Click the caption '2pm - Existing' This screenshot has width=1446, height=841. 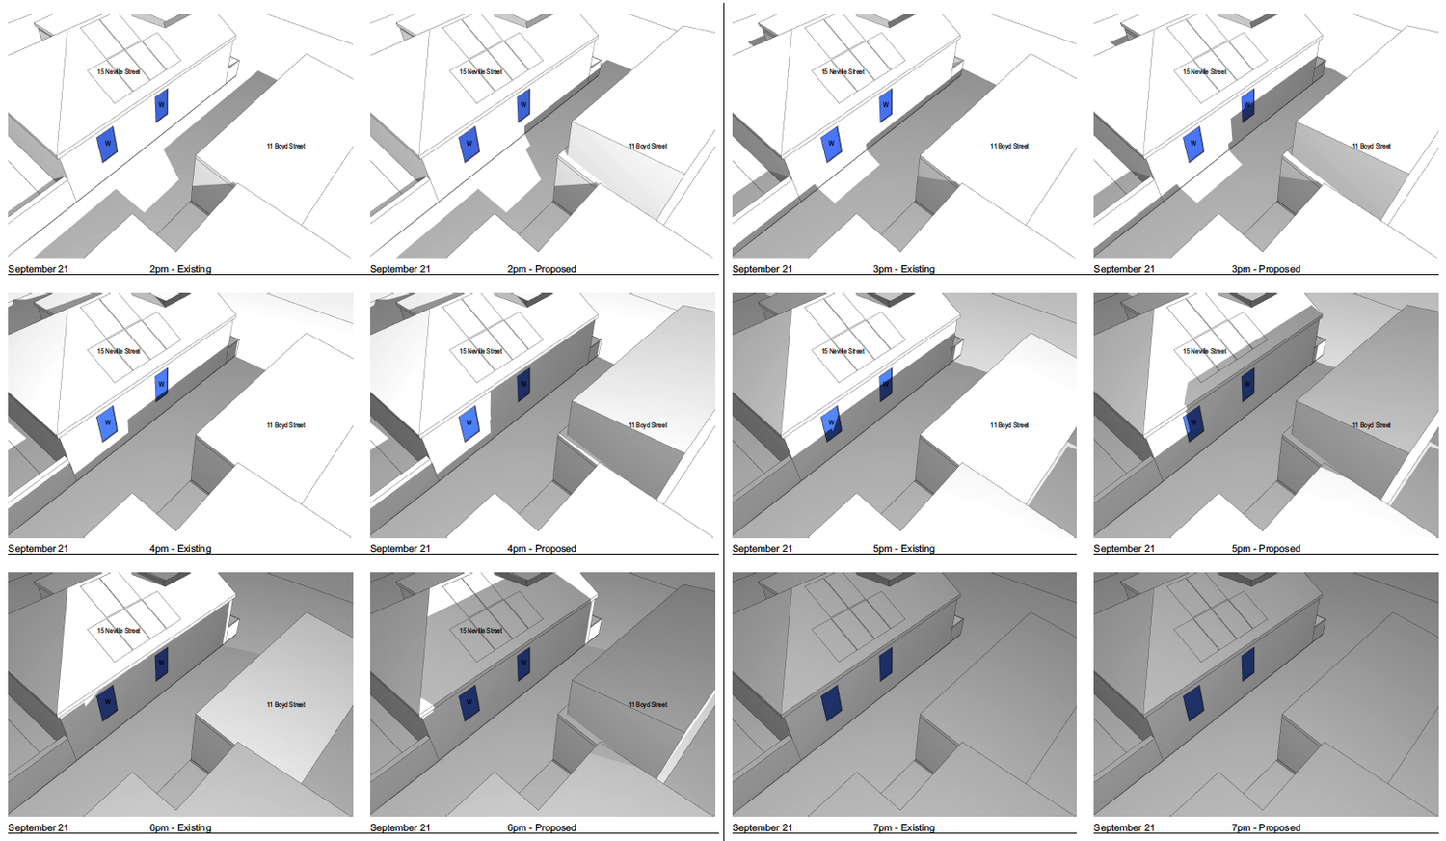click(180, 269)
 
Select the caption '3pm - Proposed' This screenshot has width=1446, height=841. click(1266, 269)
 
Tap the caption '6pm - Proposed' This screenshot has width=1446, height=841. click(542, 827)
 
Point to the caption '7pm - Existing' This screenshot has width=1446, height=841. click(903, 827)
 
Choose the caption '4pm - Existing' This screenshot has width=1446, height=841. click(180, 548)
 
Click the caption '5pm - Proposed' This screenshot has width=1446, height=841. click(1266, 548)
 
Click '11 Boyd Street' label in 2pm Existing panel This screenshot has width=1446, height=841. click(285, 146)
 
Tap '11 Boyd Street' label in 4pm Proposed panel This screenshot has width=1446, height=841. click(648, 425)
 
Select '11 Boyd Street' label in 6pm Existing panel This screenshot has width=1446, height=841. click(285, 705)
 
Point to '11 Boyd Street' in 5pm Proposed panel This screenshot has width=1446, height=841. click(1371, 425)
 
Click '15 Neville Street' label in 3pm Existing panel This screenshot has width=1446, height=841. click(843, 71)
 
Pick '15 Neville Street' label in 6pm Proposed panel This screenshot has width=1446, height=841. click(480, 631)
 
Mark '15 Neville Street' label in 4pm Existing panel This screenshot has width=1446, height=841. click(119, 351)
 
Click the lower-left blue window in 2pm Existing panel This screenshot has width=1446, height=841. click(107, 145)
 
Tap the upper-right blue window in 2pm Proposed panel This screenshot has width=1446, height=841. click(523, 105)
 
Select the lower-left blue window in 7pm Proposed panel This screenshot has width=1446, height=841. click(1193, 702)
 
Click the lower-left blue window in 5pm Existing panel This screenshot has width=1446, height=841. click(831, 422)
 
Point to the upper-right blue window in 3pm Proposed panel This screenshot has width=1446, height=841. click(1247, 104)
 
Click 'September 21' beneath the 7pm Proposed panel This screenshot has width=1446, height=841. click(1123, 827)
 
